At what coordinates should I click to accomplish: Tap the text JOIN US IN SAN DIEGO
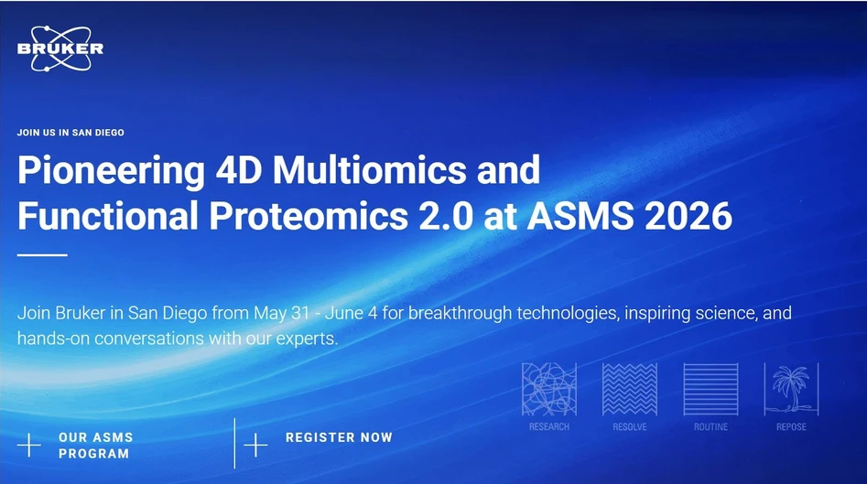[x=70, y=133]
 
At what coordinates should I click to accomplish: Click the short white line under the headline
[x=42, y=254]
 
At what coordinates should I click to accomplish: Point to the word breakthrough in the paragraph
[x=461, y=314]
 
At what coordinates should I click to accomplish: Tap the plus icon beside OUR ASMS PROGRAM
[x=29, y=446]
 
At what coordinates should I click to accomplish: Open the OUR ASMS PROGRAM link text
[x=94, y=446]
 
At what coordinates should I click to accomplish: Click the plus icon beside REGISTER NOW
[x=255, y=445]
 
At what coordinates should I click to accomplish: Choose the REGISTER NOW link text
[x=339, y=438]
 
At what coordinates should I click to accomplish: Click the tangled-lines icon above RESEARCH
[x=549, y=389]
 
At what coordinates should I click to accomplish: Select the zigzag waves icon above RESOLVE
[x=630, y=389]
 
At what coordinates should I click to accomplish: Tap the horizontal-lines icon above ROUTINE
[x=710, y=389]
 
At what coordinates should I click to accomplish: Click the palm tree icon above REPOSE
[x=791, y=389]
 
